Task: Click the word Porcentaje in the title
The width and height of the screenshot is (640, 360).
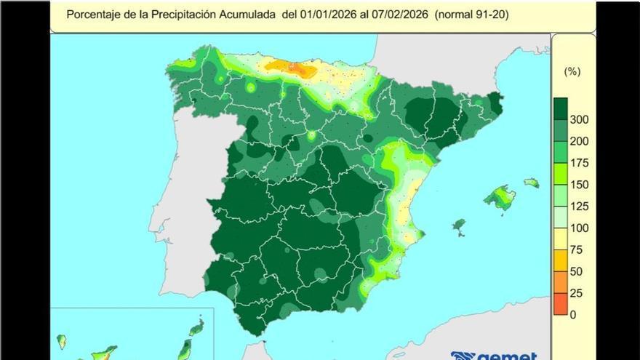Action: coord(92,14)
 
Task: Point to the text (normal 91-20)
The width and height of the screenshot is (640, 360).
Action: coord(472,14)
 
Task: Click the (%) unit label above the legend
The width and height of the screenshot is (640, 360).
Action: coord(572,71)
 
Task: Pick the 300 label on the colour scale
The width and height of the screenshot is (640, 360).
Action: coord(580,119)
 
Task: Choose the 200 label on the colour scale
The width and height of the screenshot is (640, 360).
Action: coord(580,141)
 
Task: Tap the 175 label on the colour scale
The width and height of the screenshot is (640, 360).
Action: coord(580,163)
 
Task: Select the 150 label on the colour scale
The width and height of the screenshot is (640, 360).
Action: coord(580,185)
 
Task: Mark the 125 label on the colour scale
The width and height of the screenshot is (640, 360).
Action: coord(580,207)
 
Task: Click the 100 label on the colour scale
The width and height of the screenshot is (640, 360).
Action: coord(580,228)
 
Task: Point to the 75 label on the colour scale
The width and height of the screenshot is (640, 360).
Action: coord(577,249)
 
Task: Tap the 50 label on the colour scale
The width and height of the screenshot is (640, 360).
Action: coord(577,271)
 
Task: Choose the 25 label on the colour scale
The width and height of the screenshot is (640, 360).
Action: coord(577,293)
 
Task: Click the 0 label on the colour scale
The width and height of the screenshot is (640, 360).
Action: coord(574,314)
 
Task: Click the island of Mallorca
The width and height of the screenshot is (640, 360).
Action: coord(500,197)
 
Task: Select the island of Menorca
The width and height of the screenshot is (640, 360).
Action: coord(532,183)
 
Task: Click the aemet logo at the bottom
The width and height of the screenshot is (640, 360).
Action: coord(495,356)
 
